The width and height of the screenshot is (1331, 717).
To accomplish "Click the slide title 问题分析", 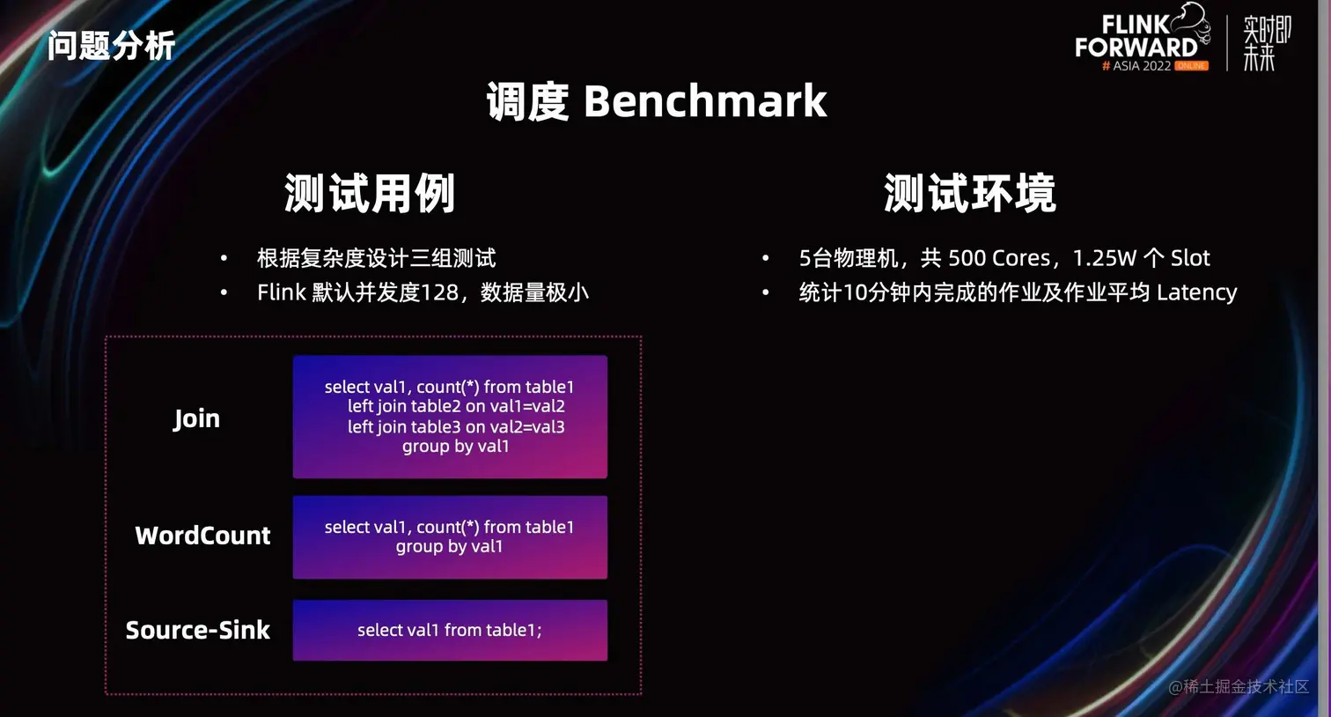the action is (111, 46).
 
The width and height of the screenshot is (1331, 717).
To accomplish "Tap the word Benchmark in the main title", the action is (705, 101).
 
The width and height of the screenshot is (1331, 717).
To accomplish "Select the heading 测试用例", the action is (370, 193).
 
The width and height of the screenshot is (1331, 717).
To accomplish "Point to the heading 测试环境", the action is (970, 193).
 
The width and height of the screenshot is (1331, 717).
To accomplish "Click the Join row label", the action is (196, 419).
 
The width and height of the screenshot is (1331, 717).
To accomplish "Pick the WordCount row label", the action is (202, 536).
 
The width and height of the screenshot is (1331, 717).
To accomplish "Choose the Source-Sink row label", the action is (198, 630).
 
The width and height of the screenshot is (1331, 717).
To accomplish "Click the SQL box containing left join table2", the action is (450, 417).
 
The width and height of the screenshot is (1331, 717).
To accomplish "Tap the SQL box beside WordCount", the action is (450, 537).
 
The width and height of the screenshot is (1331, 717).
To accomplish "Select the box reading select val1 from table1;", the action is (450, 630).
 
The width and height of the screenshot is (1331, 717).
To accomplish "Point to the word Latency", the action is (1196, 292).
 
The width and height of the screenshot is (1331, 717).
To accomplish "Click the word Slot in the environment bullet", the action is (1190, 258).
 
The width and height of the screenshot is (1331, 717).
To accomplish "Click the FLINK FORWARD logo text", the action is (1136, 36).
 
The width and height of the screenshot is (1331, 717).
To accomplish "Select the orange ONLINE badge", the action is (1191, 65).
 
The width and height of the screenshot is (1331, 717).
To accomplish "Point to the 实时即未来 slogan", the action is (1267, 43).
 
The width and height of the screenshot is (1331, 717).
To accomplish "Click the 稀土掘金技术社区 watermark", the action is (1239, 687).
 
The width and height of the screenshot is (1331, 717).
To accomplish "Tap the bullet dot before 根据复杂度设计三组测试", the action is (224, 258).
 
